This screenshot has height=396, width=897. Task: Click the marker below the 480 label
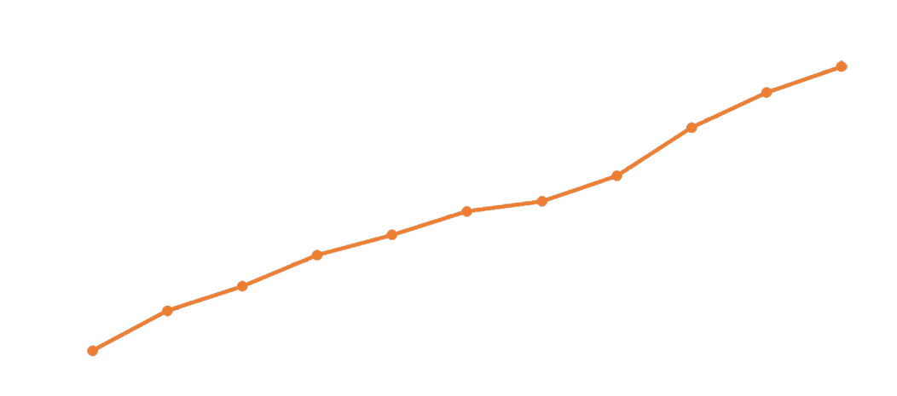(x=692, y=128)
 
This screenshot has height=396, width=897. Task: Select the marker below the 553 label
(x=767, y=92)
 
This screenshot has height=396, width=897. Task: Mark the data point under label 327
(x=541, y=201)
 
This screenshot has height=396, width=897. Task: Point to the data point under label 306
(x=466, y=211)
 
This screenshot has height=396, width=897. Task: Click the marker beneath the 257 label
(x=391, y=234)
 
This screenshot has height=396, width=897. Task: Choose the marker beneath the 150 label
(x=242, y=285)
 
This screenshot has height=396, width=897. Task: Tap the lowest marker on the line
(x=93, y=350)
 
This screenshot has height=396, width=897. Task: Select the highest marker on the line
(x=841, y=66)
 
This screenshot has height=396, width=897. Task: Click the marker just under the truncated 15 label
(x=317, y=255)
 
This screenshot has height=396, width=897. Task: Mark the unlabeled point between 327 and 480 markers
(x=616, y=175)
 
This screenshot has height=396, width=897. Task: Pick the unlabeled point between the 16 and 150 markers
(x=167, y=311)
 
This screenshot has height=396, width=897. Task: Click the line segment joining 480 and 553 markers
(x=729, y=110)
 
